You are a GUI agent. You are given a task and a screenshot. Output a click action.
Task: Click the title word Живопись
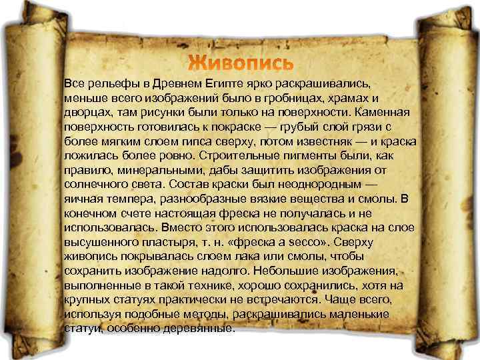point(240,63)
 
